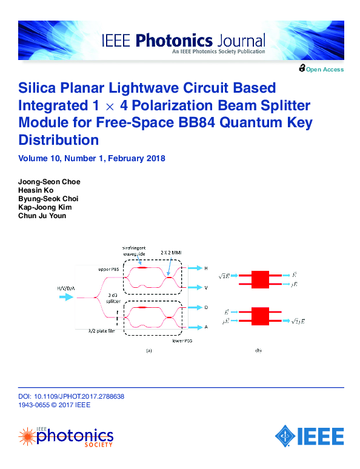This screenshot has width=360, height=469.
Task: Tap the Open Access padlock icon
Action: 302,69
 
